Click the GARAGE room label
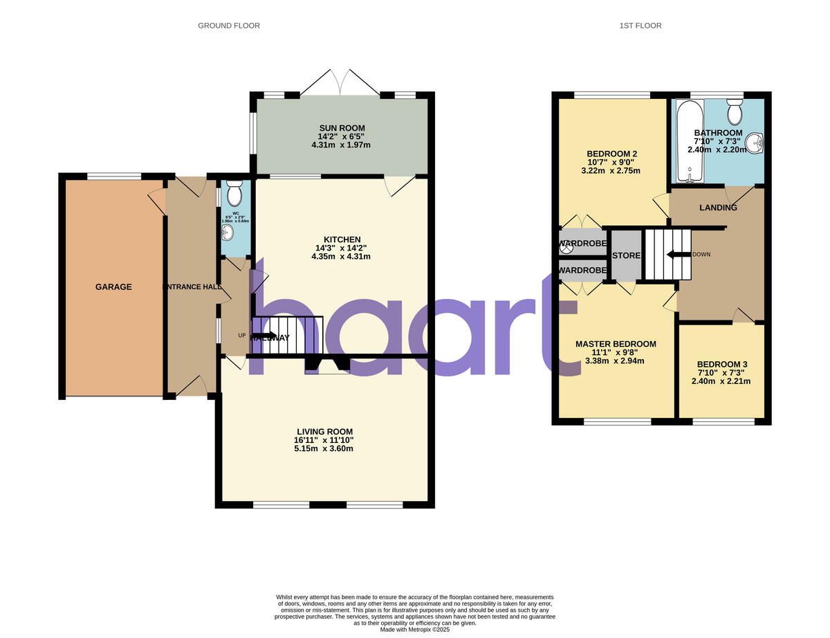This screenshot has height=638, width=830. coord(113,286)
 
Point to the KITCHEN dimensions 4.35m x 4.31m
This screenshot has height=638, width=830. coord(341,257)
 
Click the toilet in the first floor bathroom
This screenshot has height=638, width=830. coord(734,111)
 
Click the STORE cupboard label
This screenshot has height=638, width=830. coord(626,256)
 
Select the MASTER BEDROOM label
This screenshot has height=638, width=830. coord(616,344)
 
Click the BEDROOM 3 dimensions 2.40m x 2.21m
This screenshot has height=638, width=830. coord(721,381)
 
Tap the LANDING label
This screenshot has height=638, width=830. coord(718,208)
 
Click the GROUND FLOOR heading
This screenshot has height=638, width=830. coord(229,26)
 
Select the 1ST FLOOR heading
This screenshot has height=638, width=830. coord(640,26)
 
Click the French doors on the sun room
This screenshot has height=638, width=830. coord(340,82)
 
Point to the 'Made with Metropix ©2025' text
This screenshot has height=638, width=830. coord(415,630)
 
